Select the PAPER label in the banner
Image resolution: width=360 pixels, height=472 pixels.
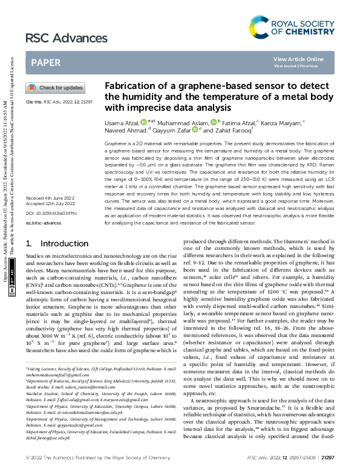pyautogui.click(x=45, y=62)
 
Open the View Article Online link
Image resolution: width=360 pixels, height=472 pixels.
pyautogui.click(x=298, y=59)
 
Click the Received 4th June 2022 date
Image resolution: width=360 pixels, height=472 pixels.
pyautogui.click(x=51, y=198)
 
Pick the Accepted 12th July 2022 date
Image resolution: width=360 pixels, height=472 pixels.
pyautogui.click(x=51, y=204)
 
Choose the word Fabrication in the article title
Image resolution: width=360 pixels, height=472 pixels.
pyautogui.click(x=128, y=86)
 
